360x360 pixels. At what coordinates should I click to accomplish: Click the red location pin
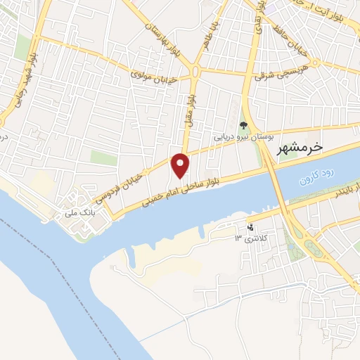pos(181,165)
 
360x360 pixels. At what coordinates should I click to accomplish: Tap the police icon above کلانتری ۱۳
pos(251,227)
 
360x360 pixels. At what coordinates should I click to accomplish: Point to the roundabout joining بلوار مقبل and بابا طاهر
pos(196,72)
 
